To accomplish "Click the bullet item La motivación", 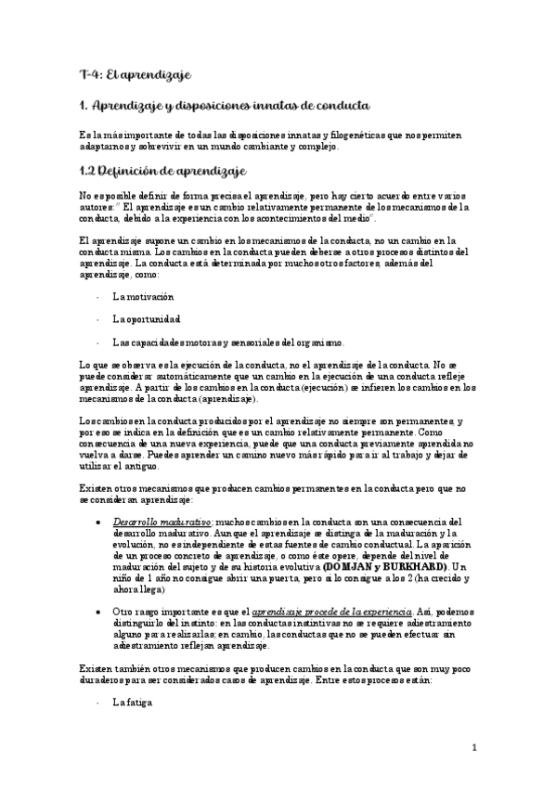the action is [x=142, y=297].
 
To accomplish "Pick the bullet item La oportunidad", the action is [x=146, y=318].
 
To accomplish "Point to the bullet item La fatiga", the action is [x=131, y=703].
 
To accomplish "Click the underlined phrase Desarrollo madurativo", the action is [x=150, y=523].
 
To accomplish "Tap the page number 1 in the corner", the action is [x=474, y=747].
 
